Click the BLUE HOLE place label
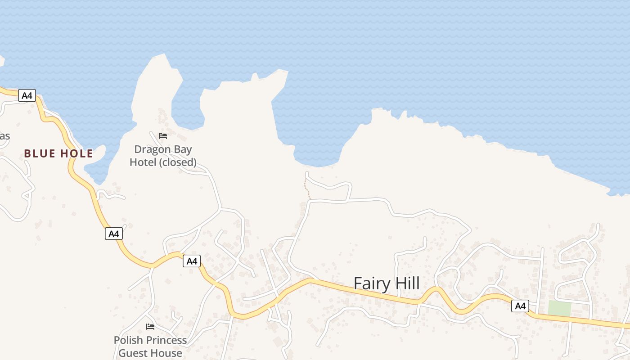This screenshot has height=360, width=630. tap(58, 153)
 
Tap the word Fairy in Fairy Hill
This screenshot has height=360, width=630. tap(369, 283)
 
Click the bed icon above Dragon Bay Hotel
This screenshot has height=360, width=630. tap(163, 135)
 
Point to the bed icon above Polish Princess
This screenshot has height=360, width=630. tap(150, 326)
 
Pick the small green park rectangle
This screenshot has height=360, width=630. tap(559, 308)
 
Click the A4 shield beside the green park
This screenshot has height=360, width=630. tap(520, 306)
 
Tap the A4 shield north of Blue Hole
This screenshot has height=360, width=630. tap(27, 95)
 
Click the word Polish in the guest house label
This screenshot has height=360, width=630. tap(128, 340)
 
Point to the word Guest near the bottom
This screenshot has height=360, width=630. tap(132, 353)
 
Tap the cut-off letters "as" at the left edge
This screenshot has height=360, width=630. tap(4, 136)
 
